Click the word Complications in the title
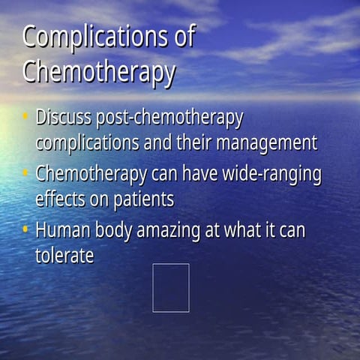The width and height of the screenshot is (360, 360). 98,38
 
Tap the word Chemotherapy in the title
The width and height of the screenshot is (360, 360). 99,73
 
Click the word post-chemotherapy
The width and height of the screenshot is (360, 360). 169,118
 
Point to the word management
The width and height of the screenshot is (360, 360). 271,142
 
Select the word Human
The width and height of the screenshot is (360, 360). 60,231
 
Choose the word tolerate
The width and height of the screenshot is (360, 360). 64,255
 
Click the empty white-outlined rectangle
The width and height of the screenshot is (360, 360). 171,287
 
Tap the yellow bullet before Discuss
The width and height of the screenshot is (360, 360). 25,117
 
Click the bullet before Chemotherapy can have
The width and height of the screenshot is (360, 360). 25,174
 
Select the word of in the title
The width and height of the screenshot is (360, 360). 184,38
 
